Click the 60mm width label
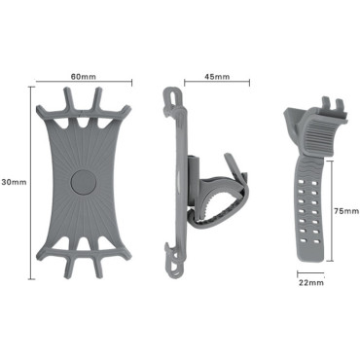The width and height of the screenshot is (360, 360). [x=83, y=75]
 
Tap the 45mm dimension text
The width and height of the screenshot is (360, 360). [x=217, y=75]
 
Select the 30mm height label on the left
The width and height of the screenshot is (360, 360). [x=13, y=182]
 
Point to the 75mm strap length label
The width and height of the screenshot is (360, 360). [x=344, y=210]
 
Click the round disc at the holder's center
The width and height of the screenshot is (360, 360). [x=82, y=182]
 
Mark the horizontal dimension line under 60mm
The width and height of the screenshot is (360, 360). [x=83, y=84]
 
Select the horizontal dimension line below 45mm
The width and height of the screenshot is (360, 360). [x=217, y=84]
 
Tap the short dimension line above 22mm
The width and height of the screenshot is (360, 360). [x=310, y=272]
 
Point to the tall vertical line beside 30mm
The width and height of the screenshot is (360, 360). [x=29, y=182]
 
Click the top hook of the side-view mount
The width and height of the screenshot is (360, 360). [x=172, y=96]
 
